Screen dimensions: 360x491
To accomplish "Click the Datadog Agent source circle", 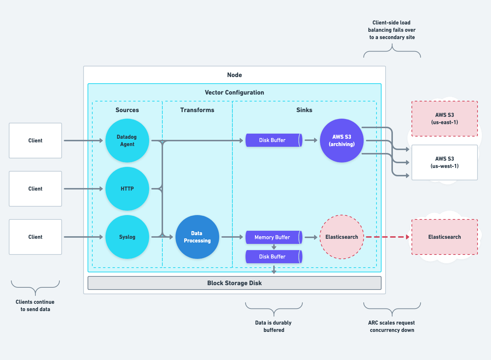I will (x=127, y=141).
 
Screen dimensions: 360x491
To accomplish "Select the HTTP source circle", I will (x=127, y=189).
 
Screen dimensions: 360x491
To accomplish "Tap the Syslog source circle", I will (x=127, y=237).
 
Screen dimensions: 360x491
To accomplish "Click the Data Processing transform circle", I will (x=197, y=237).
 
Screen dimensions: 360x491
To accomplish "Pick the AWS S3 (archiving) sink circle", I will (x=341, y=141).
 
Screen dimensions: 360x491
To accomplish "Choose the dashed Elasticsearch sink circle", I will (x=341, y=237).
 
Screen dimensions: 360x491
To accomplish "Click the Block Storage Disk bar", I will (x=234, y=283).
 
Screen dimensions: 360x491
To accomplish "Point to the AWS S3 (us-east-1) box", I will (x=444, y=119).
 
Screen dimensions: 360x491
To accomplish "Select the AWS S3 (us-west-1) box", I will (x=444, y=162).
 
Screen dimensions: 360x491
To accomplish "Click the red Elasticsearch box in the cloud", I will (x=444, y=237).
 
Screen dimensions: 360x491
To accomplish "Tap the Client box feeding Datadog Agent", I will (x=35, y=141).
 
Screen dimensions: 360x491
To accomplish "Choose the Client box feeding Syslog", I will (x=35, y=237).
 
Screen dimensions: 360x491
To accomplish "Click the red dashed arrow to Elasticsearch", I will (x=387, y=237).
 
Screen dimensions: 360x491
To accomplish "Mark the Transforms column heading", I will (x=197, y=110).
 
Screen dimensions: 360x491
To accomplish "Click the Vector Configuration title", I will (x=234, y=92).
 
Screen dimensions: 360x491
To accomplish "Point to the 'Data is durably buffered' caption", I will (x=274, y=326).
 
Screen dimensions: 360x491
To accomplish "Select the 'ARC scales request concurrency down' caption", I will (x=392, y=326).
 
